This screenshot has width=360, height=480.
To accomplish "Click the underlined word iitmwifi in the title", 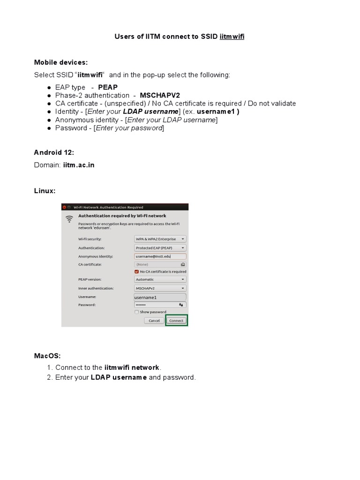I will pos(232,37).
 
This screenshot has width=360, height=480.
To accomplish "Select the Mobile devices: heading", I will pos(61,62).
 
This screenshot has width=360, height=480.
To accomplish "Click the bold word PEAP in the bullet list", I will pos(108,87).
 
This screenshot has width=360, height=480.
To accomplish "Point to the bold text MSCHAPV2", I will pos(160,95).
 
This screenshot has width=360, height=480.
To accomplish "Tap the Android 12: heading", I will pos(54,152).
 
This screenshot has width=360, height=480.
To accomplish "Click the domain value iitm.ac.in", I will pos(82,165).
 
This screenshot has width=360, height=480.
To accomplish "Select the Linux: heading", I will pos(45,191).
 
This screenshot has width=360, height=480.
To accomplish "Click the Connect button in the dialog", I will pos(176,321).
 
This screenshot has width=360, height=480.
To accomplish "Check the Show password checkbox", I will pos(136,312).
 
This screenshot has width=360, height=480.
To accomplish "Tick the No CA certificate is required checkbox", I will pos(136,271).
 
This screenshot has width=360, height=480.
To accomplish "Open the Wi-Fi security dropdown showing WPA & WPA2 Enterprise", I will pos(160,239).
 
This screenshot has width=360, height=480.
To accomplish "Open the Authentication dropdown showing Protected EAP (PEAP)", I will pos(160,247).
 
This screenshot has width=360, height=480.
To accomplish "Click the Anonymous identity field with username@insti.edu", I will pos(160,256).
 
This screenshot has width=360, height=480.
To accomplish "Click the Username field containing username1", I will pos(160,297).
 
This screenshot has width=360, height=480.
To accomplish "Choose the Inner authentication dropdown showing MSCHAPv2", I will pos(160,288).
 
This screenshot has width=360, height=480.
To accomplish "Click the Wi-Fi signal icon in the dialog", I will pos(69,218).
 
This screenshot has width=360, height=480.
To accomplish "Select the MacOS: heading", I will pos(47,356).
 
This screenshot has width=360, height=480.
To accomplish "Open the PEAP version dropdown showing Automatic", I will pos(160,279).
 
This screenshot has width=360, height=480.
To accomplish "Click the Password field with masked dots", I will pos(160,305).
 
